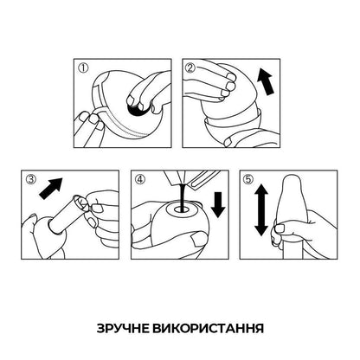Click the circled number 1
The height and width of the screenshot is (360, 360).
(x=83, y=68)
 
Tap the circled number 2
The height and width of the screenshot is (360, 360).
(x=191, y=68)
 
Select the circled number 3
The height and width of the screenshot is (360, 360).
(x=30, y=179)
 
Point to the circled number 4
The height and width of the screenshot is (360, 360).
(x=140, y=179)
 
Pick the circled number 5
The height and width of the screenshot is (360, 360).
(x=247, y=179)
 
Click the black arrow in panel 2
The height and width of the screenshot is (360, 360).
(x=266, y=81)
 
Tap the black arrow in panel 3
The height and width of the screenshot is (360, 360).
(x=51, y=188)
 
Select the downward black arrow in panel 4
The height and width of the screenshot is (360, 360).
(x=218, y=204)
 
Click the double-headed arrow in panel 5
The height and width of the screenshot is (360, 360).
(x=261, y=210)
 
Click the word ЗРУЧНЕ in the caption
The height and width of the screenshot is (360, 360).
(x=123, y=328)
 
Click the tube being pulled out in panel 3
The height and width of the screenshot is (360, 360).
(x=67, y=213)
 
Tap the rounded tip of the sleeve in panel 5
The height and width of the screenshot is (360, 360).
(x=292, y=182)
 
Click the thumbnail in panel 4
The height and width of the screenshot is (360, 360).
(x=198, y=239)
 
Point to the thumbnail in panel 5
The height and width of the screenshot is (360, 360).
(x=280, y=228)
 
